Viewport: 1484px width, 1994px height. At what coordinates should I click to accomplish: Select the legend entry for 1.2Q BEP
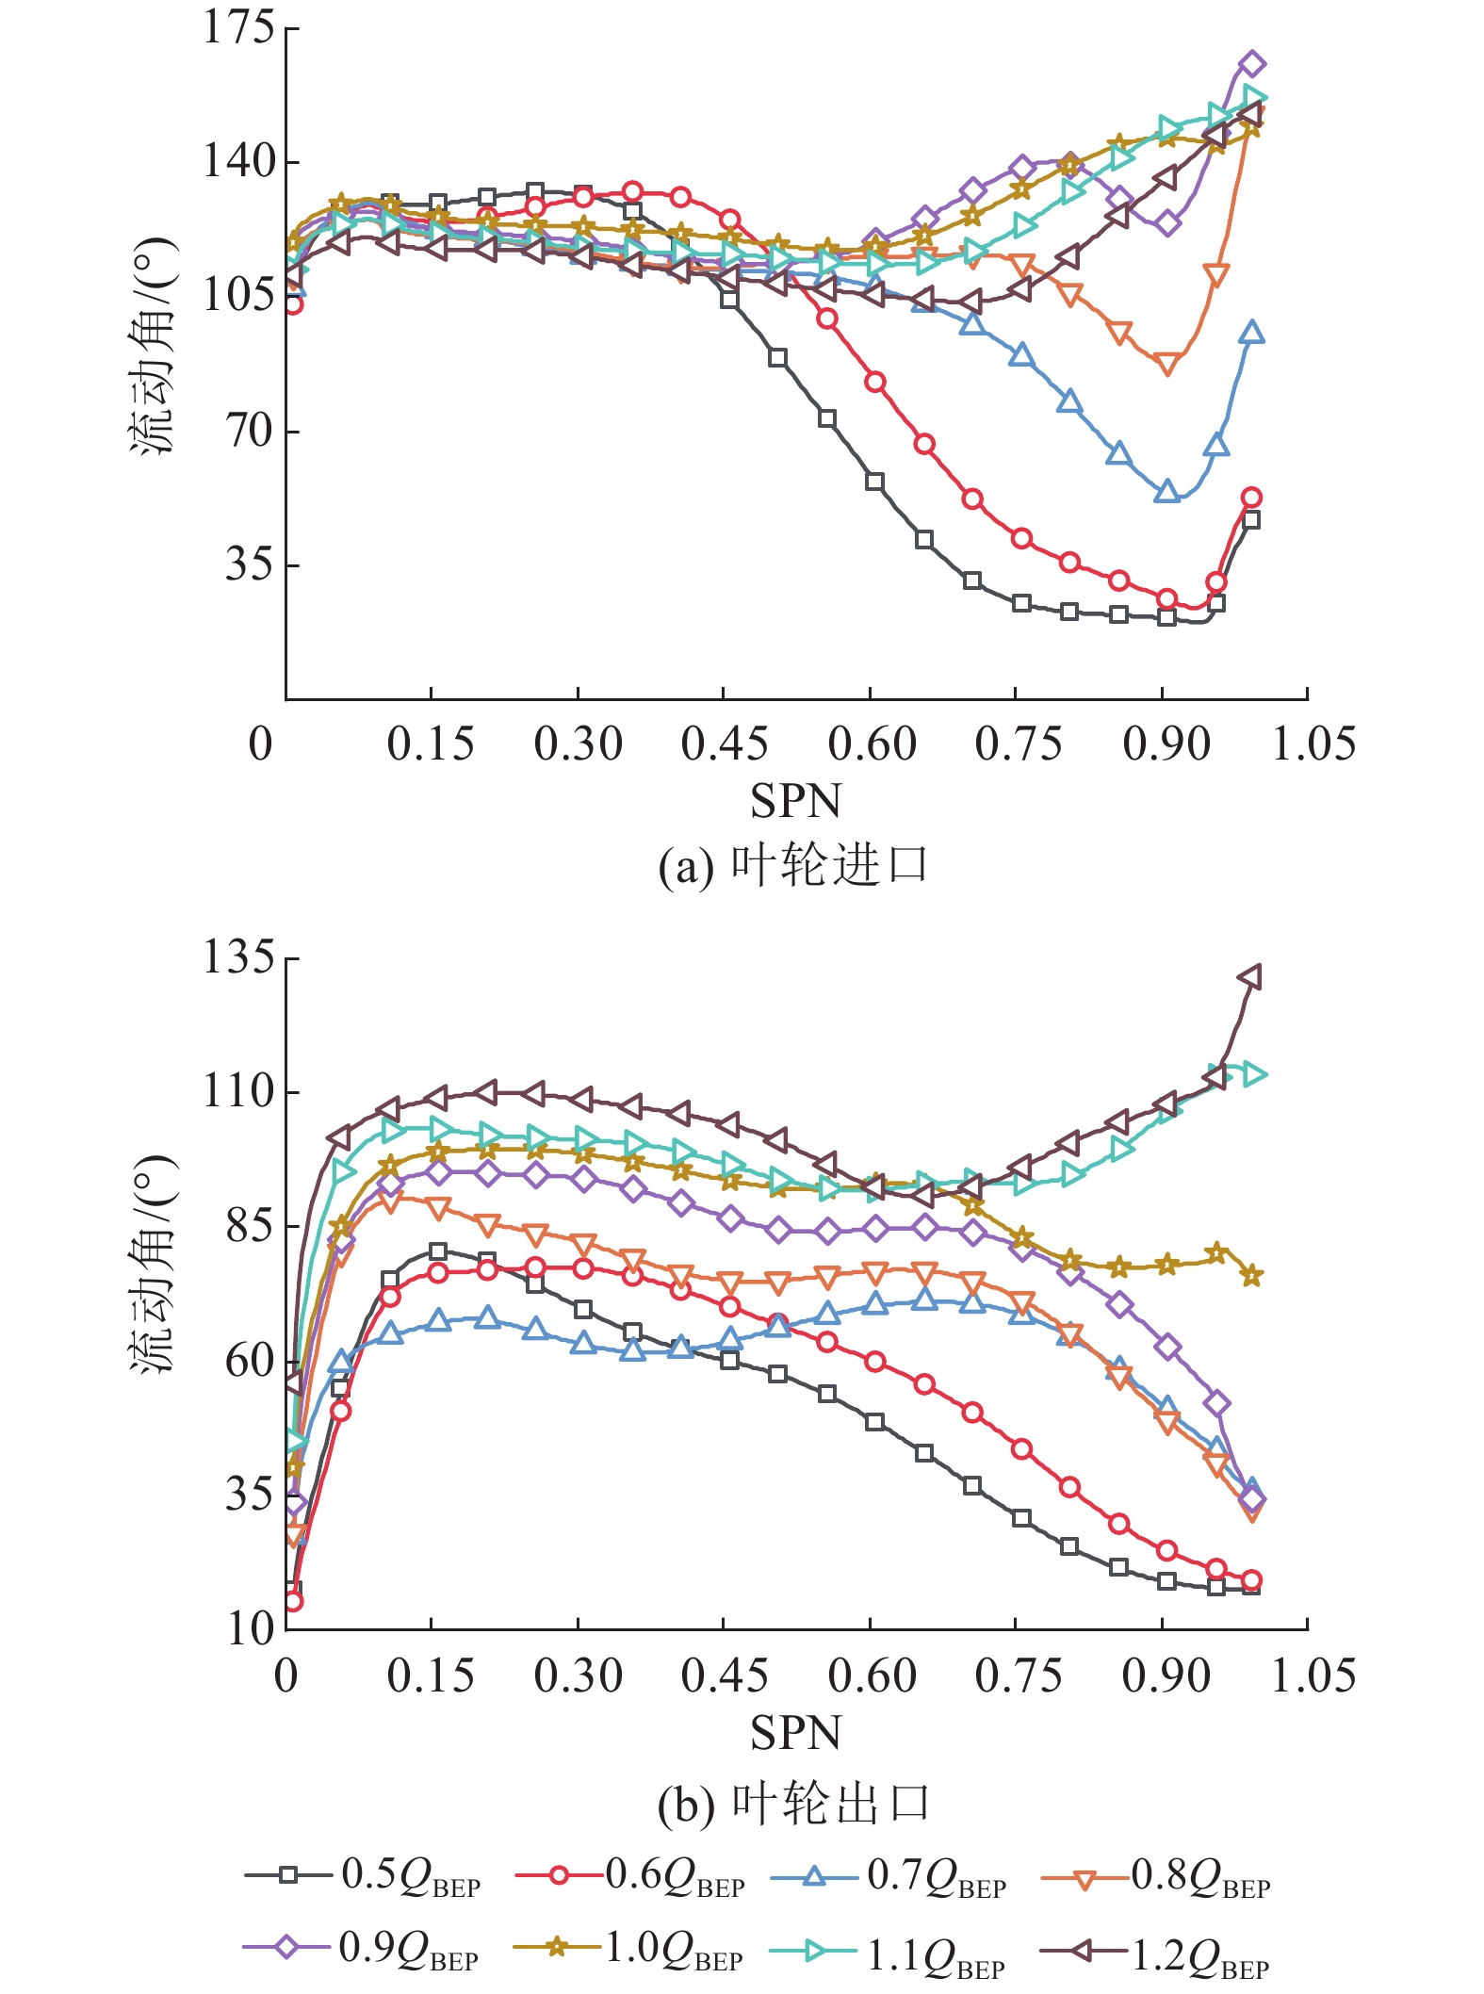pyautogui.click(x=1154, y=1948)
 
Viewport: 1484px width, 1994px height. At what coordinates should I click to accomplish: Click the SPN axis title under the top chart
pyautogui.click(x=795, y=802)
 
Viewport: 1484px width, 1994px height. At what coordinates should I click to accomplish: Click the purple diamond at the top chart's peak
pyautogui.click(x=1251, y=64)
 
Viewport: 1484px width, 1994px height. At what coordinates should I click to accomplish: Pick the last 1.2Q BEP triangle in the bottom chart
pyautogui.click(x=1250, y=977)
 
